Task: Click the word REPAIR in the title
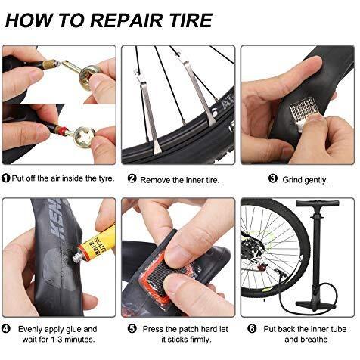[126, 20]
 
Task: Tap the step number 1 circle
[5, 178]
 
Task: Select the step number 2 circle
[132, 178]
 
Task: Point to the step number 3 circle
[273, 178]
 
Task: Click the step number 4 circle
[5, 329]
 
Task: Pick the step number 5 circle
[132, 328]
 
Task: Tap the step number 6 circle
[252, 328]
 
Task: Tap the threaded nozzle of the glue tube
[76, 258]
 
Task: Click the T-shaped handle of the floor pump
[318, 203]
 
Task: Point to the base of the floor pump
[315, 305]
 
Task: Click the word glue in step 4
[73, 329]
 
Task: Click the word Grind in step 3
[292, 180]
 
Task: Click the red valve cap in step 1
[62, 130]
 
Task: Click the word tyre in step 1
[107, 178]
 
